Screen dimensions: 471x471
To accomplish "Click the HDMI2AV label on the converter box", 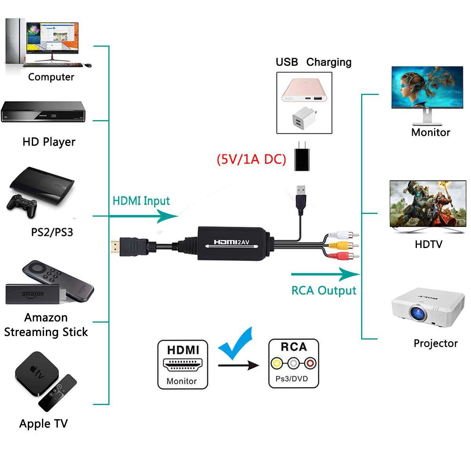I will (232, 242).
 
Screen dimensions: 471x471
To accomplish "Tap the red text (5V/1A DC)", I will (251, 159).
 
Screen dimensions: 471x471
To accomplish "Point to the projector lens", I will (418, 313).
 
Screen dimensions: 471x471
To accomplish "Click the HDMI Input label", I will (141, 201).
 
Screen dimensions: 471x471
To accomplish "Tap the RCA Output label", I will (323, 290).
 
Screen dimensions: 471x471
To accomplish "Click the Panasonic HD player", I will (43, 112).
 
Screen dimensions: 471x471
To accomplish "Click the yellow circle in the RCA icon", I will (277, 363).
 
